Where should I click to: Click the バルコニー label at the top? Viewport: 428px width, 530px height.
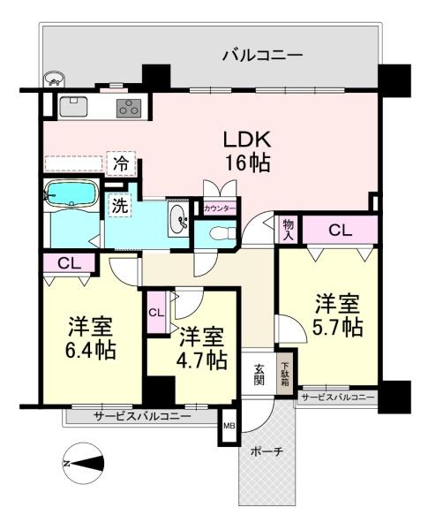(x=262, y=55)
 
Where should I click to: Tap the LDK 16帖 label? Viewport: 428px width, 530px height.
(x=248, y=152)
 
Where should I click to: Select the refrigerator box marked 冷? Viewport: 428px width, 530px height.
(x=121, y=164)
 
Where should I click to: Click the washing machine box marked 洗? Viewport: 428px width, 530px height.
(x=119, y=206)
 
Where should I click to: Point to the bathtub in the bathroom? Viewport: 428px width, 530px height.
(x=71, y=193)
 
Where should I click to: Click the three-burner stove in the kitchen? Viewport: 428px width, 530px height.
(x=129, y=108)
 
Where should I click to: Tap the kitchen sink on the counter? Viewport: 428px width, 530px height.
(x=73, y=107)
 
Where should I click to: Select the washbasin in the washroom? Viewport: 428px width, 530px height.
(x=178, y=219)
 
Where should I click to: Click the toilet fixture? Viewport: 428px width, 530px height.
(x=221, y=233)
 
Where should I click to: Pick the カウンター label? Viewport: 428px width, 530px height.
(x=220, y=208)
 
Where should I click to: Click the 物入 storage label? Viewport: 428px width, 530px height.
(x=289, y=229)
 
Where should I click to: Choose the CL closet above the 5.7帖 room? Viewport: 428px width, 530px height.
(x=340, y=231)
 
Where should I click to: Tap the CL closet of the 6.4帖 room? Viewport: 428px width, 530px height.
(x=69, y=263)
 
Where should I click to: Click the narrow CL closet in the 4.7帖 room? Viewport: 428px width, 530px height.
(x=156, y=313)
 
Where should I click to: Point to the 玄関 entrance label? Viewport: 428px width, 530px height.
(x=259, y=375)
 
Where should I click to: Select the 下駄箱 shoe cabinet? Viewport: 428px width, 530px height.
(x=285, y=374)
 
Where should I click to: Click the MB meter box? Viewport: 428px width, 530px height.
(x=229, y=427)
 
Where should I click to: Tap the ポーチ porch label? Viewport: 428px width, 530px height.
(x=267, y=451)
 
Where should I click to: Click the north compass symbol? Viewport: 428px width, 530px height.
(x=83, y=464)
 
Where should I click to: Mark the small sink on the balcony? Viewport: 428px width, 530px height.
(x=53, y=79)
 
